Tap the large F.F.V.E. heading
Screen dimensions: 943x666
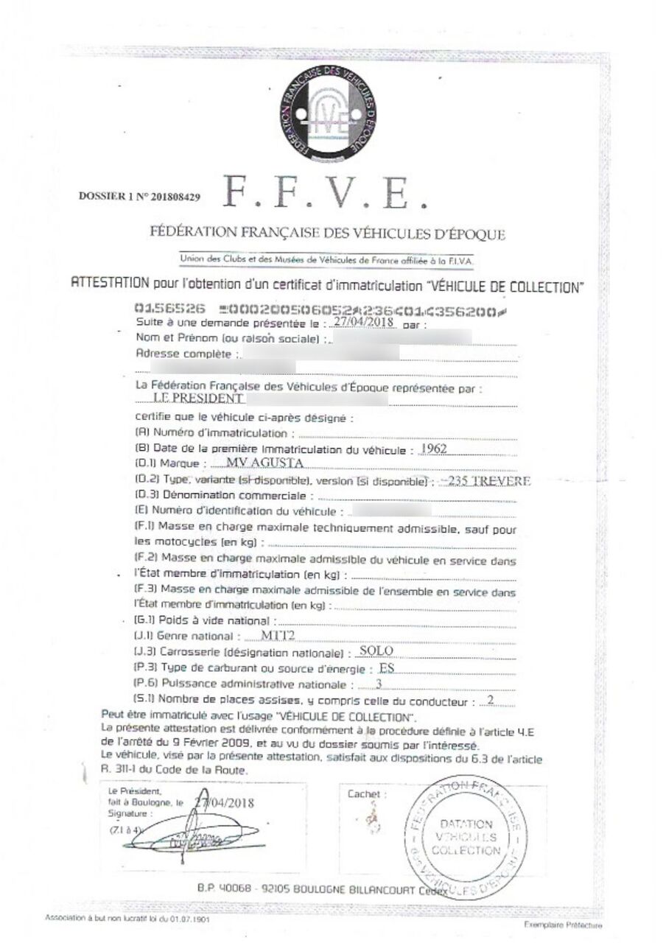(325, 192)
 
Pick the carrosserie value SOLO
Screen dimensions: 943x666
(374, 651)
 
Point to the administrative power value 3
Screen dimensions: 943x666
(379, 684)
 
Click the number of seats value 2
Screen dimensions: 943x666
(489, 701)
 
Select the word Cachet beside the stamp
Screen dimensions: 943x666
(364, 794)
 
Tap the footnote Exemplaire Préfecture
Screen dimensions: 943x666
(563, 925)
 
